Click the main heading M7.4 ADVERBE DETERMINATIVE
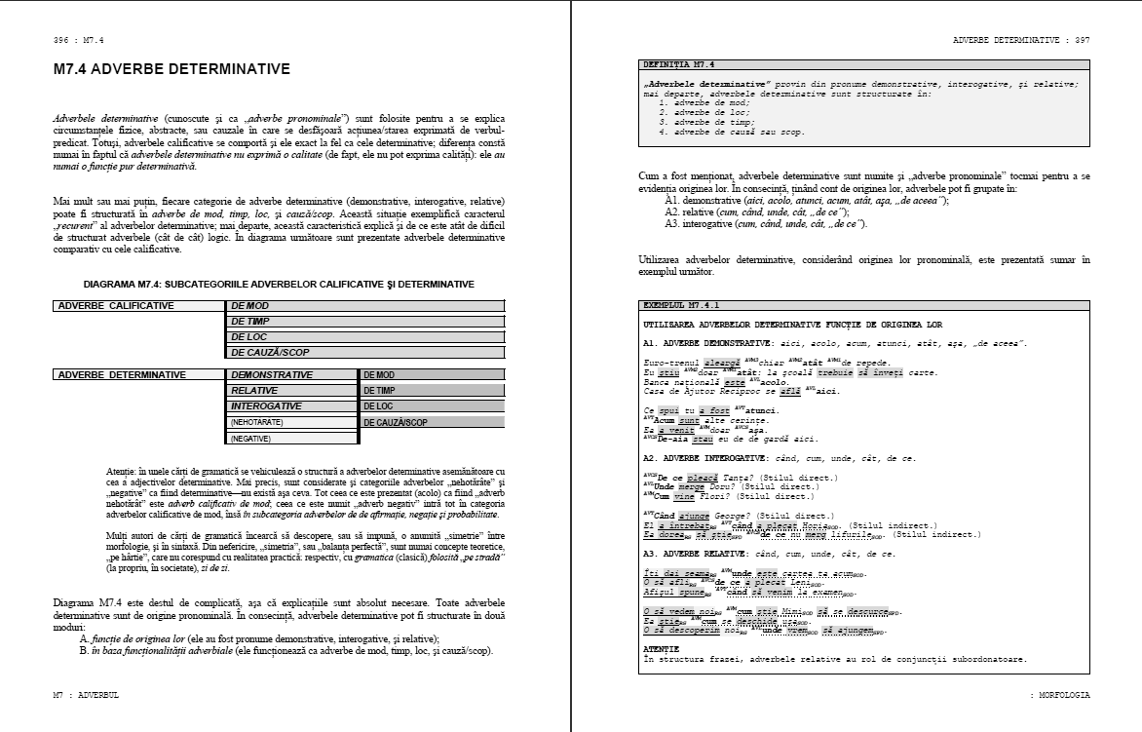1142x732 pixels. [x=171, y=70]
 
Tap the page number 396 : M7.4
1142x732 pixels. [x=79, y=40]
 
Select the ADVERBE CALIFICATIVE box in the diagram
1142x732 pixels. [x=137, y=306]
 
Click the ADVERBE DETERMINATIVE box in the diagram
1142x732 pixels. [x=137, y=374]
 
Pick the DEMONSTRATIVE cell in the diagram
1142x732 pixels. [x=291, y=374]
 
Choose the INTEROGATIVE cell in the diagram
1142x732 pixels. [x=291, y=405]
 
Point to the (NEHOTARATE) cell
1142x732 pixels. [x=291, y=422]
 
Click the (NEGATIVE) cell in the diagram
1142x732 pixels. [x=291, y=439]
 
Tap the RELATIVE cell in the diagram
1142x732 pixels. [x=291, y=390]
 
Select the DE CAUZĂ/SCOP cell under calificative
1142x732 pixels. [x=365, y=353]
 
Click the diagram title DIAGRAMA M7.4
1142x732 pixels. [x=279, y=285]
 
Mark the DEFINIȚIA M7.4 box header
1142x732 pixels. [x=678, y=64]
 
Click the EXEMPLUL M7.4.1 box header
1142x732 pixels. [x=681, y=305]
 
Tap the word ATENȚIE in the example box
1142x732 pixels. [x=662, y=648]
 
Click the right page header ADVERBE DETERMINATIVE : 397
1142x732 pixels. [x=1021, y=40]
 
